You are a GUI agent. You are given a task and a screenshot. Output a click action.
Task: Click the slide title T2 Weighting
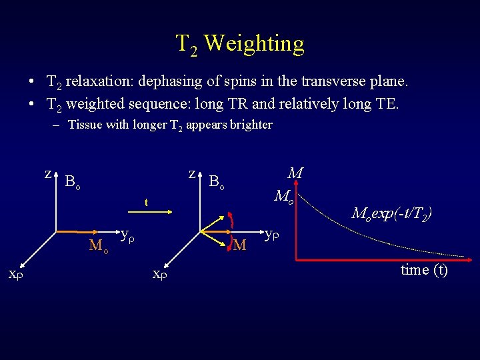click(240, 44)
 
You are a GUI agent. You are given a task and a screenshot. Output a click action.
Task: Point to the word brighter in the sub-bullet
click(250, 125)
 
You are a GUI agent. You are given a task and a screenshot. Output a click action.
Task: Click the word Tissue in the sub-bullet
click(85, 125)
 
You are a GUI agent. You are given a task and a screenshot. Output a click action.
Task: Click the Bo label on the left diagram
click(73, 182)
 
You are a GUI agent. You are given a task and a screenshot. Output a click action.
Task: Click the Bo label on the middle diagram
click(216, 181)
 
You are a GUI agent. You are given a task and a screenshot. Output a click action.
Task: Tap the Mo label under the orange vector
click(99, 246)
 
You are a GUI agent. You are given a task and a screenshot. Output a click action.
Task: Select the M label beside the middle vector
click(240, 245)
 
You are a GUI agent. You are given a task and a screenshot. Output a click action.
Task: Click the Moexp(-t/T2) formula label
click(391, 214)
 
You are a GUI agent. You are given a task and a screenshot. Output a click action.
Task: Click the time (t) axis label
click(424, 270)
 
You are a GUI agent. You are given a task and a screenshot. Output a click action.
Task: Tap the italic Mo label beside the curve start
click(284, 197)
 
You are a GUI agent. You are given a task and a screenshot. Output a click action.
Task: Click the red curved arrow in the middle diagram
click(231, 221)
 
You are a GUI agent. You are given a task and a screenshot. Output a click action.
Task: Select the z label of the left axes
click(48, 173)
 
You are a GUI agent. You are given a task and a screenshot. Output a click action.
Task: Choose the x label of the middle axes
click(159, 273)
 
